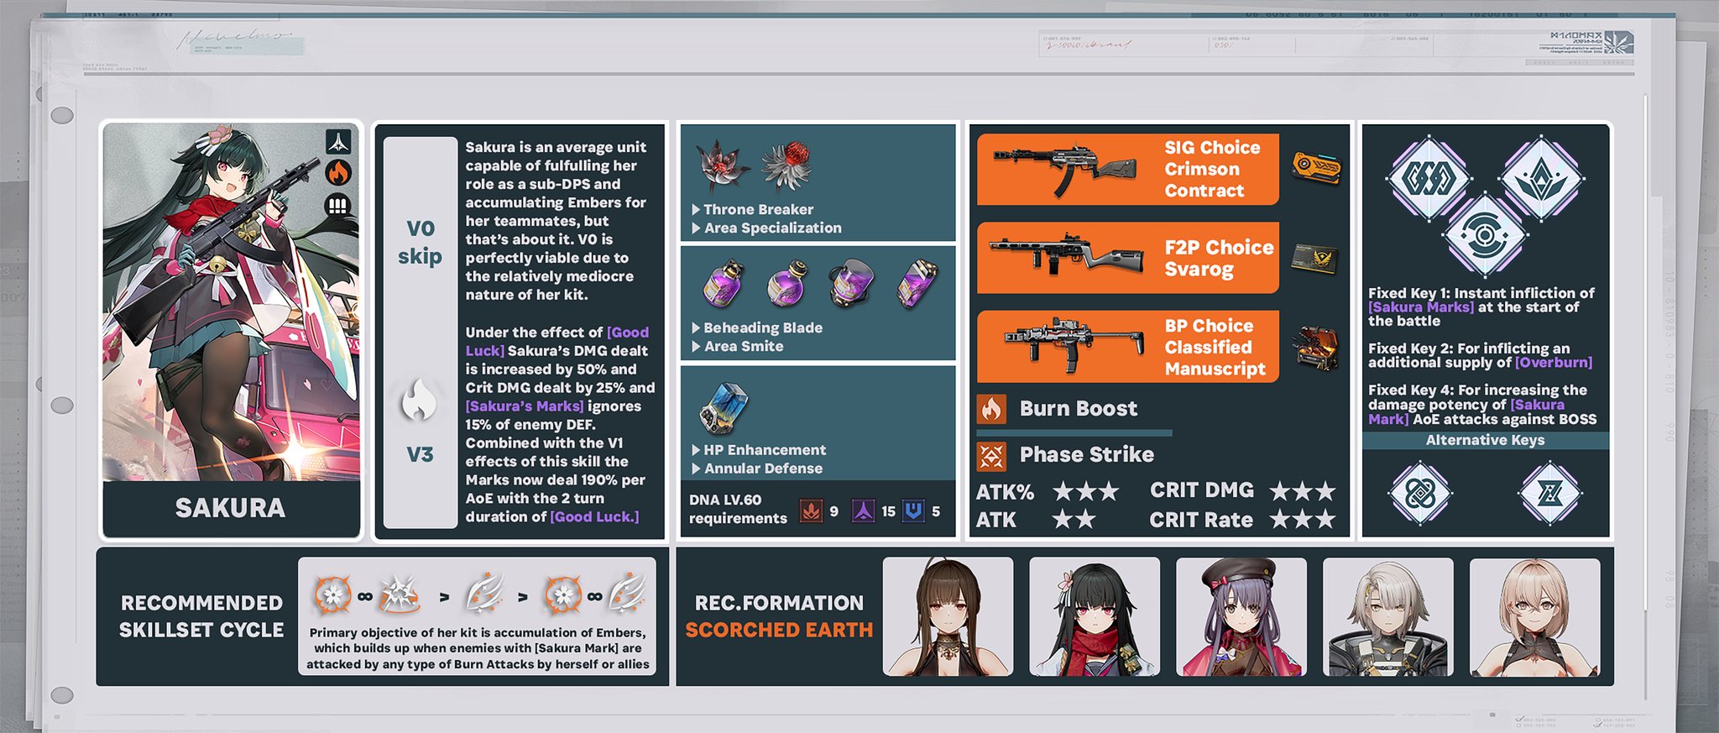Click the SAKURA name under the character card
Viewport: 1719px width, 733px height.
click(230, 508)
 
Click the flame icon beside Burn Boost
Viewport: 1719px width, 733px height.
click(991, 409)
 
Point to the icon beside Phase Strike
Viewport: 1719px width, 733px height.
click(991, 456)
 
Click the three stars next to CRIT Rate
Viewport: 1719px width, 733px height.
click(1302, 521)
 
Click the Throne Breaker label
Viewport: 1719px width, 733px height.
click(758, 209)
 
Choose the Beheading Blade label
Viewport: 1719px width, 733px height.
click(762, 327)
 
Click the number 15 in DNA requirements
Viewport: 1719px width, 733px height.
click(888, 511)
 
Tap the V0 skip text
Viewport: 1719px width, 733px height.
click(420, 242)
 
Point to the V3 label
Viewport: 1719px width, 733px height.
click(420, 454)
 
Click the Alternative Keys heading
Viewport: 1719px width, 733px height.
click(1485, 440)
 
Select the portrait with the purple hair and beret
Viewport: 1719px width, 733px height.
click(1241, 617)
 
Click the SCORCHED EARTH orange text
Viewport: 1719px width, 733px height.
click(779, 630)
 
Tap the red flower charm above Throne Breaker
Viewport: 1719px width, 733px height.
click(787, 164)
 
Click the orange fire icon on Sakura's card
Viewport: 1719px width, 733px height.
click(337, 173)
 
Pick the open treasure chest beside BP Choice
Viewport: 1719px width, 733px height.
click(1315, 347)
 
